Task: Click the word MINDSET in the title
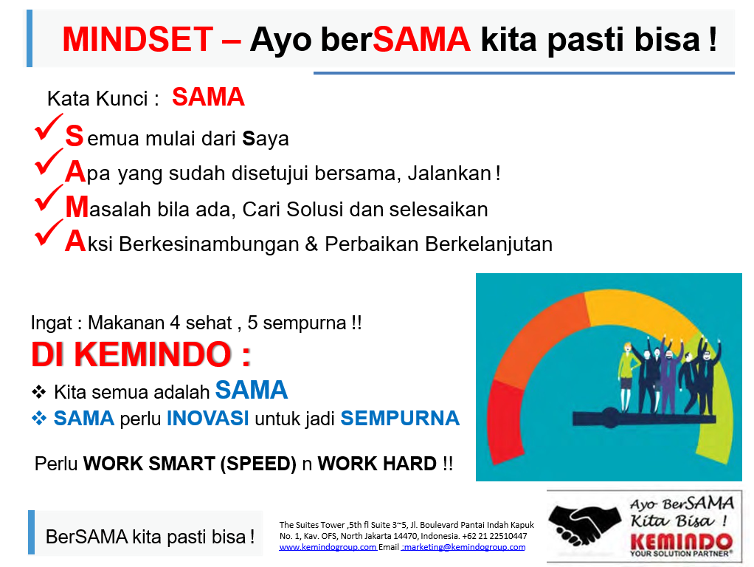(x=137, y=39)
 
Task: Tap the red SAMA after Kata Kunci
(x=208, y=97)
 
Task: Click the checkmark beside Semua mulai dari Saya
(x=49, y=127)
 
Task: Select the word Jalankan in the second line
(x=449, y=173)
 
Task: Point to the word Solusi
(x=314, y=210)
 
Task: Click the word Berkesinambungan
(x=209, y=244)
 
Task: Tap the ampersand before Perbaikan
(x=311, y=244)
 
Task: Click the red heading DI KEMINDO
(x=141, y=354)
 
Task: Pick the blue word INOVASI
(x=208, y=419)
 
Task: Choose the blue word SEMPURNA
(x=400, y=419)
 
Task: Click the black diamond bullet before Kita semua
(x=38, y=392)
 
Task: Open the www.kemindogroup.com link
(x=328, y=547)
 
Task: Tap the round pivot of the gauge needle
(x=611, y=418)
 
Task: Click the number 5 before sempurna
(x=252, y=323)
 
